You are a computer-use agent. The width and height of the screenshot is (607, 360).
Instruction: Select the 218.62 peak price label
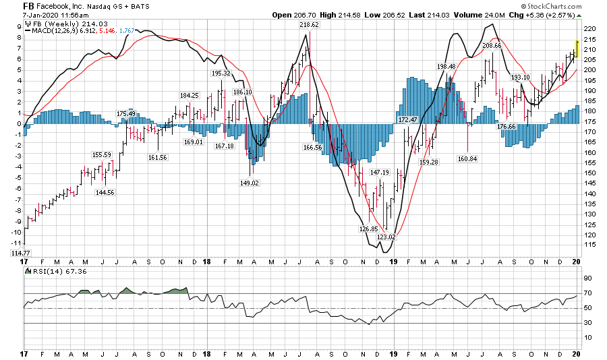tap(309, 24)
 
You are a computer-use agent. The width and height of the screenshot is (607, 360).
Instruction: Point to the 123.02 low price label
tap(386, 237)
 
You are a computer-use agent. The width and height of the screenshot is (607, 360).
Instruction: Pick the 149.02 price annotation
tap(250, 183)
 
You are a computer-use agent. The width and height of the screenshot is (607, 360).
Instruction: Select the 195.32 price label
tap(221, 73)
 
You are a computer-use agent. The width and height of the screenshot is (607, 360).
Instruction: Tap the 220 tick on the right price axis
tap(590, 29)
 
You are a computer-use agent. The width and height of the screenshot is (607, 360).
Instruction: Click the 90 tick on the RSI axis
tap(587, 278)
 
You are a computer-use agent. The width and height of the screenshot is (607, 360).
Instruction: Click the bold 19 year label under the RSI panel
tap(394, 354)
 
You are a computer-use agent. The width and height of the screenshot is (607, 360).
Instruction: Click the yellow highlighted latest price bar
tap(577, 49)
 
